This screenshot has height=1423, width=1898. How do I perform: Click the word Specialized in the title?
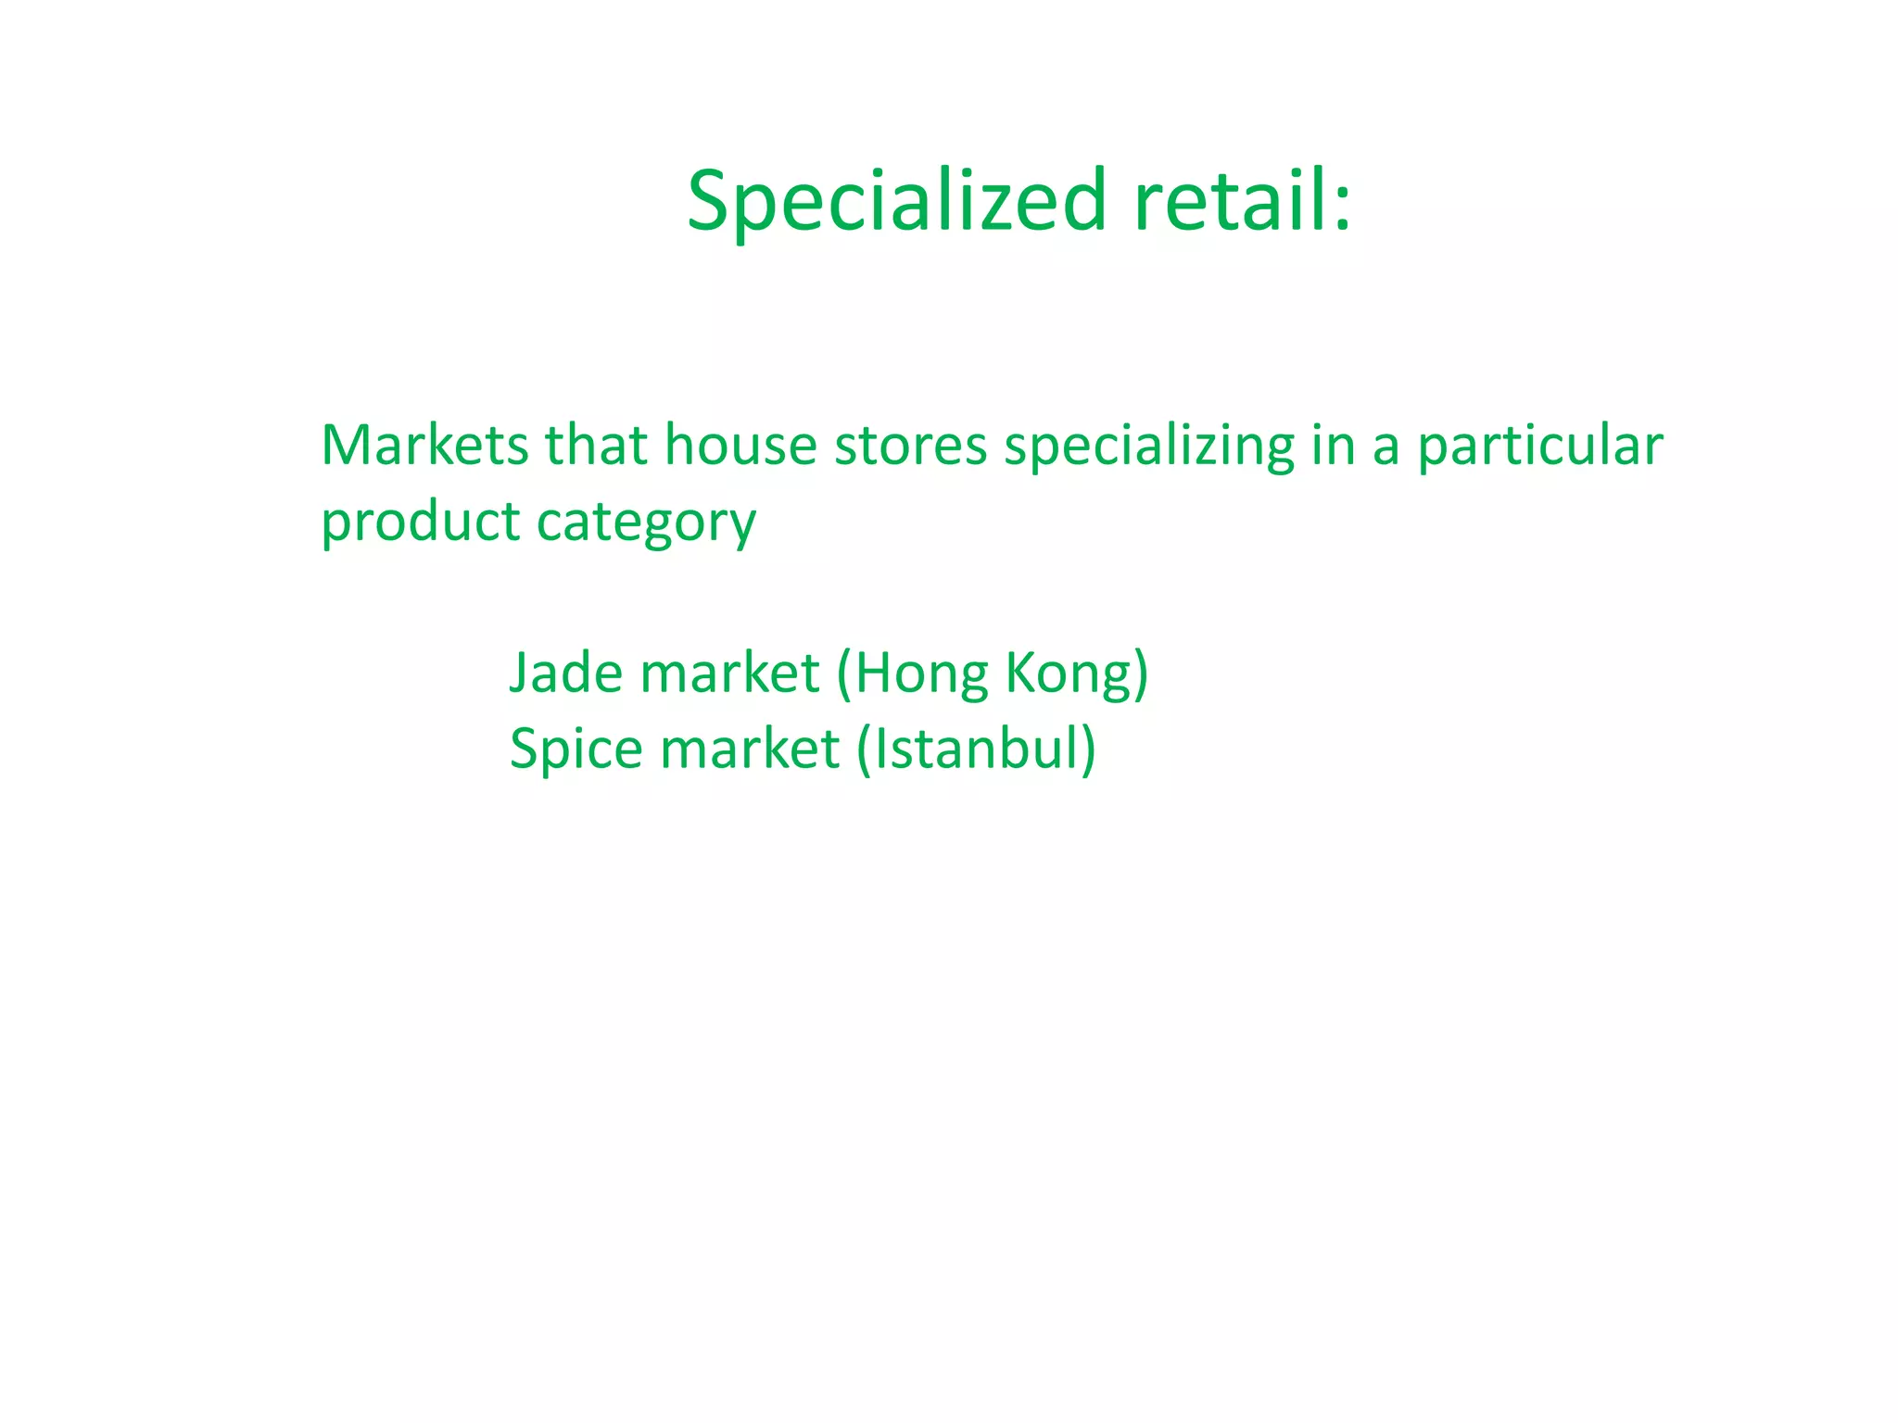pos(896,201)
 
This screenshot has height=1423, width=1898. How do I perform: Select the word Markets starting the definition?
pos(424,445)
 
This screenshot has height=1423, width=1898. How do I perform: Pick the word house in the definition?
pos(740,445)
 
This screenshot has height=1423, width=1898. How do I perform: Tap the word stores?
pos(910,445)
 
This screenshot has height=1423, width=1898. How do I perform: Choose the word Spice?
pos(576,750)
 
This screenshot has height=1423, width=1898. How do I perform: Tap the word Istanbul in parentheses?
pos(976,749)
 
